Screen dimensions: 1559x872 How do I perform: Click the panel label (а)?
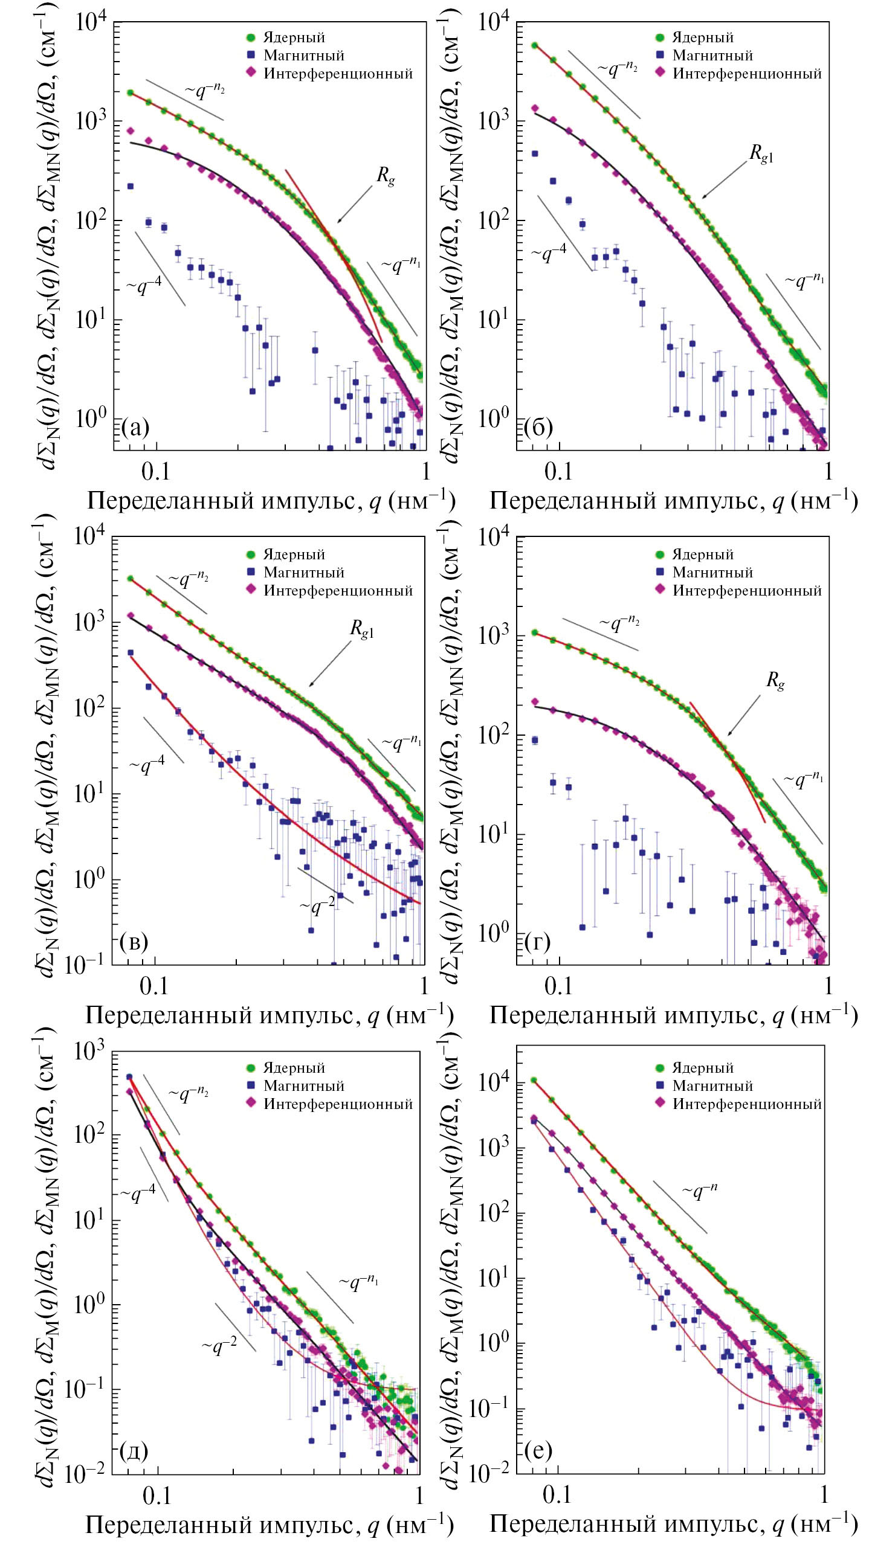(135, 427)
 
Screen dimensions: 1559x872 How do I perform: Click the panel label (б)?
(538, 427)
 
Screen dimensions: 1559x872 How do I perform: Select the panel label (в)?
(134, 942)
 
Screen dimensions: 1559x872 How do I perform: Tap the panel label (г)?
(538, 942)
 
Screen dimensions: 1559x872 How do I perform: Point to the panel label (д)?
(134, 1450)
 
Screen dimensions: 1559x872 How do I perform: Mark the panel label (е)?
(538, 1450)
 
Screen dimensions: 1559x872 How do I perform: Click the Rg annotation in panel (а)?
(386, 176)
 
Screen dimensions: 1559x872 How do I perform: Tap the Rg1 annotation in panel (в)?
(361, 629)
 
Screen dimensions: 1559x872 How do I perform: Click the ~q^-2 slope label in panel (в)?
(317, 905)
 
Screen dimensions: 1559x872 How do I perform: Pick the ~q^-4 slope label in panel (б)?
(549, 253)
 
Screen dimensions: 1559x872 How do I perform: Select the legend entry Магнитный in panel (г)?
(712, 573)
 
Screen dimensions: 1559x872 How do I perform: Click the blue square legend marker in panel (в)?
(251, 573)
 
